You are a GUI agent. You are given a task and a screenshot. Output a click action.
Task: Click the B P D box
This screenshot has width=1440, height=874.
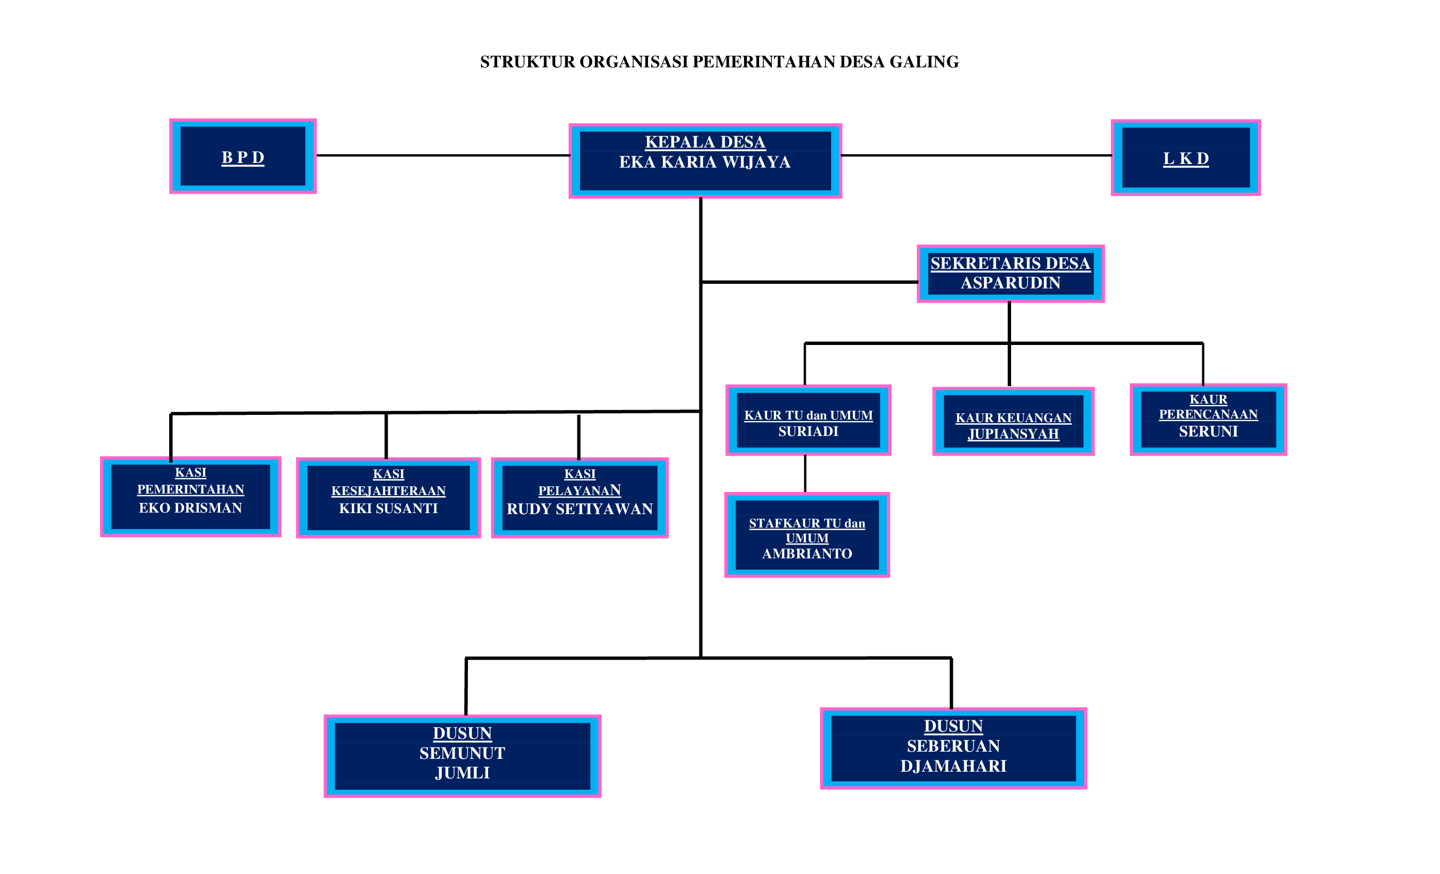243,157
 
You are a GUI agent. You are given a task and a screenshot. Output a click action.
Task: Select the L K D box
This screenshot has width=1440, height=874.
1185,158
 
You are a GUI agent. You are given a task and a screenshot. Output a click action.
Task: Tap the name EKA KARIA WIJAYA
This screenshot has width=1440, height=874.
705,162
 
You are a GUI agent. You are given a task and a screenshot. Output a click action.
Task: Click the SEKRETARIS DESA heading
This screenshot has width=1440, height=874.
1010,263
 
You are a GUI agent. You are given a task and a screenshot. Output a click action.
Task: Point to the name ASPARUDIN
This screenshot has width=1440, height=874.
1010,283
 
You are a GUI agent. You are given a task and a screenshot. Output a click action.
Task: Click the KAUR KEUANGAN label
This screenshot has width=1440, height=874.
1013,417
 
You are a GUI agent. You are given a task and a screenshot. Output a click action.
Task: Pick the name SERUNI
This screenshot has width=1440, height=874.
1208,432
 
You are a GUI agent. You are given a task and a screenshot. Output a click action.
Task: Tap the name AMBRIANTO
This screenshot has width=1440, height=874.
806,554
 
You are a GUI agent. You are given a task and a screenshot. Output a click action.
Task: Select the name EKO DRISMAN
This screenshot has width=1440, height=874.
190,508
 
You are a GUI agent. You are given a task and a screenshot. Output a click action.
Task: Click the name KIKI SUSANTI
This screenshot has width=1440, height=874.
388,509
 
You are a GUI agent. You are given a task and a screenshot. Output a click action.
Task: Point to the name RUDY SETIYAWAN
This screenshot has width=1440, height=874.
579,509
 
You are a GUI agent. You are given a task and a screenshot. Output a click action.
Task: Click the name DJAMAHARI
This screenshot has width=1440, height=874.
953,767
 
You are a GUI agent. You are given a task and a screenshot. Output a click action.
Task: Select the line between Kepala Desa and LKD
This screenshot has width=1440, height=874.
976,155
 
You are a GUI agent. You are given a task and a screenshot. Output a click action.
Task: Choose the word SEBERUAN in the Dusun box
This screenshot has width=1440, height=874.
953,746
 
